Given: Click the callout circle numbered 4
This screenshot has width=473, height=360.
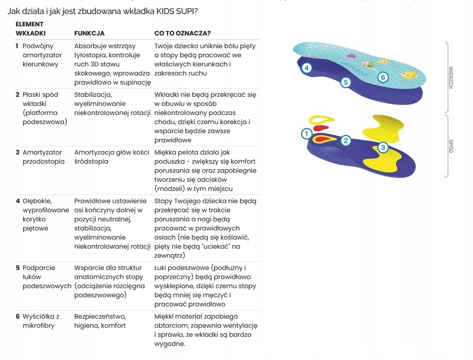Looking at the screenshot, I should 307,68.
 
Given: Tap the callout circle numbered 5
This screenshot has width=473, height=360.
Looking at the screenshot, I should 346,82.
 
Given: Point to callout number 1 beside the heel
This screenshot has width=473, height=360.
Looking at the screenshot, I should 306,134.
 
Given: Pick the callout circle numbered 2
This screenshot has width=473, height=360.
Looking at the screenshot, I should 345,140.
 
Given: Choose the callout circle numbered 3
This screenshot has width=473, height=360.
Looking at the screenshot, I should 383,147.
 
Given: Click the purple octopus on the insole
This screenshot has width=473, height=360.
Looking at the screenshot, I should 351,57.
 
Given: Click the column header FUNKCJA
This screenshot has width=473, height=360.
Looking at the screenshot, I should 89,33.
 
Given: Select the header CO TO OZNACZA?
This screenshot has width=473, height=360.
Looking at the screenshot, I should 182,33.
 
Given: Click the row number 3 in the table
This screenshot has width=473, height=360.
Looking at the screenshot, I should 17,152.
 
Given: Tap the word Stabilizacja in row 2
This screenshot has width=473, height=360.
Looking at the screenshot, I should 93,95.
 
